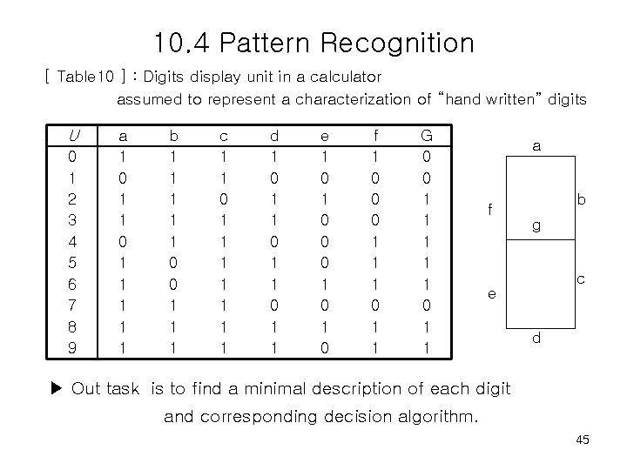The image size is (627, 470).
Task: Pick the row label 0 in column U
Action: [x=72, y=158]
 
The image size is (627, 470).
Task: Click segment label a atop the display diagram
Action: [x=537, y=148]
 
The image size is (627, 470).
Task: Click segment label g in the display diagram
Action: [x=536, y=225]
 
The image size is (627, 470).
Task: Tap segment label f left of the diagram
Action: [x=490, y=210]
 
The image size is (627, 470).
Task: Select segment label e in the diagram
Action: [x=490, y=295]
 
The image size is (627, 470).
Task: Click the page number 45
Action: [x=583, y=440]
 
